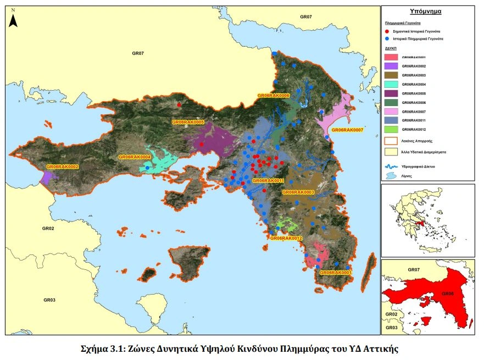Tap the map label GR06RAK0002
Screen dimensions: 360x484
(63, 167)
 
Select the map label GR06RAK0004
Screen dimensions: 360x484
(135, 157)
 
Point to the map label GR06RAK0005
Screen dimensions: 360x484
(188, 122)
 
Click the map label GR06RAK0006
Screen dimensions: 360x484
(273, 96)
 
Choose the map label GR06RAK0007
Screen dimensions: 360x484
(347, 130)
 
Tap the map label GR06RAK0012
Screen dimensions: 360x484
(286, 238)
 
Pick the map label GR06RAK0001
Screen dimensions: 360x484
(335, 273)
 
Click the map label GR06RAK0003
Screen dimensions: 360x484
(298, 192)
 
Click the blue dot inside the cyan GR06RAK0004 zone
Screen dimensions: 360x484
(148, 168)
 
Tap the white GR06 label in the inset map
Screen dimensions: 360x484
(447, 293)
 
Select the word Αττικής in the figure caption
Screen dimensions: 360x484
(377, 348)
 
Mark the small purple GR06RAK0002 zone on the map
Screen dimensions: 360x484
(47, 176)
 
